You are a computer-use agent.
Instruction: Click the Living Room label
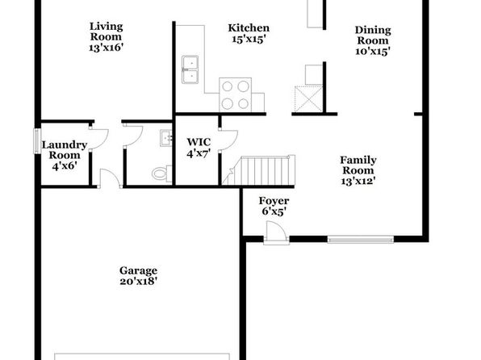click(x=107, y=31)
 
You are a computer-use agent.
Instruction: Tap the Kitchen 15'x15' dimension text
click(x=249, y=40)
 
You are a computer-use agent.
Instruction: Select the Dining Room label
click(x=373, y=36)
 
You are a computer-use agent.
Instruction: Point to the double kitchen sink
click(x=190, y=69)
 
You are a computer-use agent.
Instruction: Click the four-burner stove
click(x=236, y=94)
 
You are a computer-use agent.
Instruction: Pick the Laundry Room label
click(x=65, y=150)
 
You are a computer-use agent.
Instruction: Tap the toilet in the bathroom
click(x=162, y=174)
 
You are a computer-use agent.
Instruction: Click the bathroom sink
click(x=166, y=138)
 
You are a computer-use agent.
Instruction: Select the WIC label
click(x=199, y=142)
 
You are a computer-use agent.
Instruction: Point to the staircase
click(x=258, y=170)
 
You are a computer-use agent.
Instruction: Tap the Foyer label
click(x=274, y=201)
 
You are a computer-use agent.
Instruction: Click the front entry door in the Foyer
click(x=276, y=232)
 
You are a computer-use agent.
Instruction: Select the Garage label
click(x=138, y=270)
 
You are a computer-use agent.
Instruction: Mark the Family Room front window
click(x=361, y=239)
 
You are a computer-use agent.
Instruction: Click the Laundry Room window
click(x=37, y=141)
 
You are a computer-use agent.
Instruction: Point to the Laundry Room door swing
click(x=98, y=139)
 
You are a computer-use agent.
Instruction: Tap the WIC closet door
click(x=228, y=140)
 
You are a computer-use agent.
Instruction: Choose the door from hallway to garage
click(x=111, y=178)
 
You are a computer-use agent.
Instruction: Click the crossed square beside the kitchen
click(x=308, y=99)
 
